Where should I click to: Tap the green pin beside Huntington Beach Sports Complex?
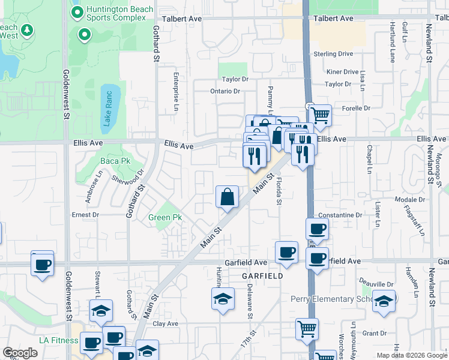click(x=77, y=12)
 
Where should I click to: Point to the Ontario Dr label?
click(x=225, y=91)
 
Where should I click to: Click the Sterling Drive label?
click(x=333, y=54)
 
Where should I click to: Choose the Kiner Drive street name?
click(x=342, y=72)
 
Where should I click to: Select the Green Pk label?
click(x=165, y=217)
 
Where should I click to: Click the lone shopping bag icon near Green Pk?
click(x=228, y=197)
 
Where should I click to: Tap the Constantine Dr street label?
click(x=341, y=215)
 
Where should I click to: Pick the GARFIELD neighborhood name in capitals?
click(x=262, y=275)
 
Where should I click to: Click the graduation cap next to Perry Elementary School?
click(x=384, y=301)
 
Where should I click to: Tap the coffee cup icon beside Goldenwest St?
click(x=42, y=264)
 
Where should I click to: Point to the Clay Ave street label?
click(x=166, y=323)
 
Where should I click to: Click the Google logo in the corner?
click(x=20, y=353)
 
